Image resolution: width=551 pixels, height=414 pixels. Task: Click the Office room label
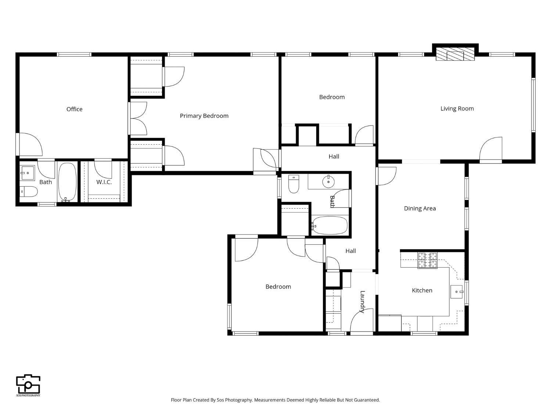[74, 109]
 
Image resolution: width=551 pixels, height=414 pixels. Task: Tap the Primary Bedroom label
[204, 116]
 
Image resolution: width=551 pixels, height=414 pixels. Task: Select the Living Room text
[457, 109]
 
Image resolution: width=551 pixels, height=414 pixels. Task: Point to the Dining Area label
[420, 208]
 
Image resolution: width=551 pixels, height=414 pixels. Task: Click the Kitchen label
[422, 290]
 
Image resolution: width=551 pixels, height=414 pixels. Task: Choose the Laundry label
[363, 301]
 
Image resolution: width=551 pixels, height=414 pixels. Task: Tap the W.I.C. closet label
[104, 182]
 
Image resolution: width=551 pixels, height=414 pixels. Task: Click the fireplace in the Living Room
[455, 54]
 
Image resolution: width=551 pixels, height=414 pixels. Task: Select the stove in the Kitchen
[428, 260]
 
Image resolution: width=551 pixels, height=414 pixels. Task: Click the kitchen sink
[457, 292]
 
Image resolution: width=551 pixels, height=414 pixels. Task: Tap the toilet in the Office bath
[28, 191]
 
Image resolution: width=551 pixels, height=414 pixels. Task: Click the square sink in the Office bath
[27, 173]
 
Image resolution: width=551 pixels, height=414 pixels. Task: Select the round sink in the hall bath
[328, 182]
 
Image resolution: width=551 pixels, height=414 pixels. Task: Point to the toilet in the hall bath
[293, 184]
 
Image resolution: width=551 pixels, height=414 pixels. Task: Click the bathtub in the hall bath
[329, 226]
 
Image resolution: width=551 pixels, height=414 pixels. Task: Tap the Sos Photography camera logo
[28, 385]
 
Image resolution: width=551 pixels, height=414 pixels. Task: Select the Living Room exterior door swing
[491, 149]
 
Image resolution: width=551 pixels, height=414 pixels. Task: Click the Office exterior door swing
[30, 144]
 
